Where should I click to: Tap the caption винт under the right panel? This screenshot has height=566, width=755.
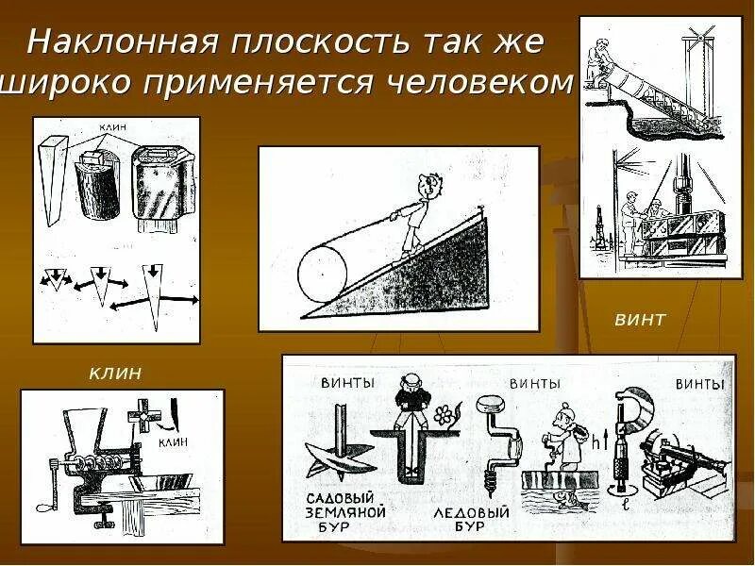point(640,320)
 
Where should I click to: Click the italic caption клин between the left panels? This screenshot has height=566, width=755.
point(115,374)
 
